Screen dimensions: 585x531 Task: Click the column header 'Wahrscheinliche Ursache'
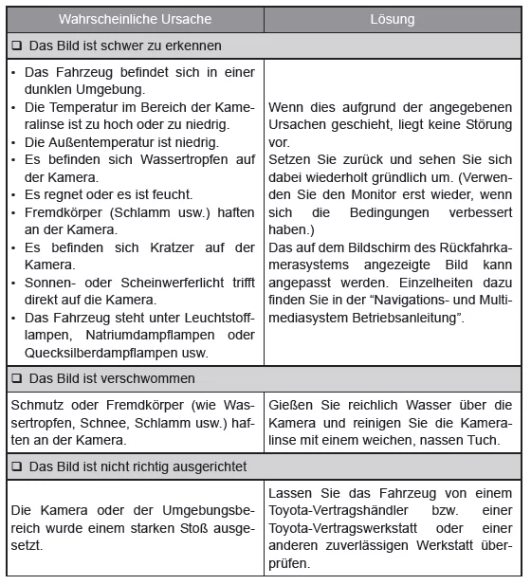[135, 19]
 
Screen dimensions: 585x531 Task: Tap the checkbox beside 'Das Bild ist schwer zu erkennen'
[16, 46]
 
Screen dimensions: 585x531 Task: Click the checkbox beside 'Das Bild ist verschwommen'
[16, 379]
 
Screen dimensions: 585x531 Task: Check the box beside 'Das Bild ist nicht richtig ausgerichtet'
[16, 466]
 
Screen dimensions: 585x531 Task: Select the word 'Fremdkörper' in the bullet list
[64, 211]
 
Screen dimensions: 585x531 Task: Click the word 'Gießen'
[289, 404]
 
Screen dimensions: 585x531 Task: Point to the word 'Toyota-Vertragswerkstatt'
[347, 526]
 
